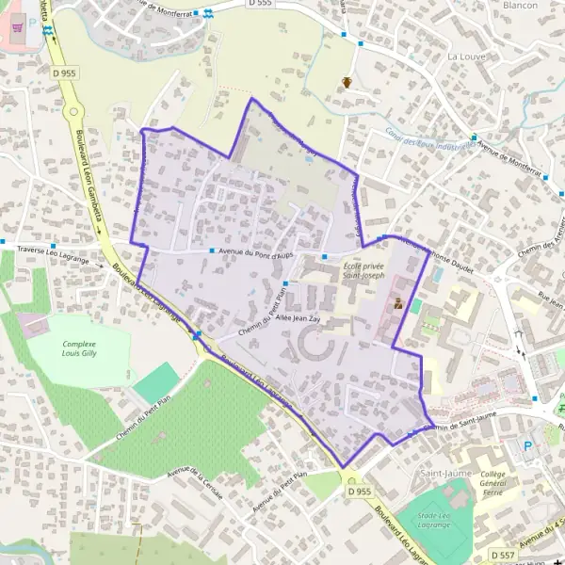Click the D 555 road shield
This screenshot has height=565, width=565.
[261, 4]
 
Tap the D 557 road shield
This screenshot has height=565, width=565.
[503, 557]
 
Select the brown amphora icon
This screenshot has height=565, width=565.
[348, 82]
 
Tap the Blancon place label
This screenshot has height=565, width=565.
[519, 5]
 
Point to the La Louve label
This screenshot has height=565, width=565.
[464, 56]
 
